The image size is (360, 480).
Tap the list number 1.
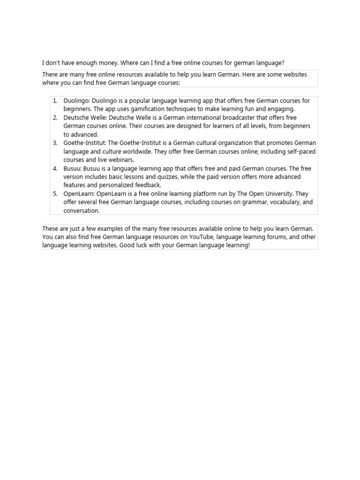pyautogui.click(x=55, y=101)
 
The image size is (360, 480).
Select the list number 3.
pyautogui.click(x=55, y=143)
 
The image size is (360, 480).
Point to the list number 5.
pyautogui.click(x=55, y=194)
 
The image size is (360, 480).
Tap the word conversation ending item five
pyautogui.click(x=82, y=210)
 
